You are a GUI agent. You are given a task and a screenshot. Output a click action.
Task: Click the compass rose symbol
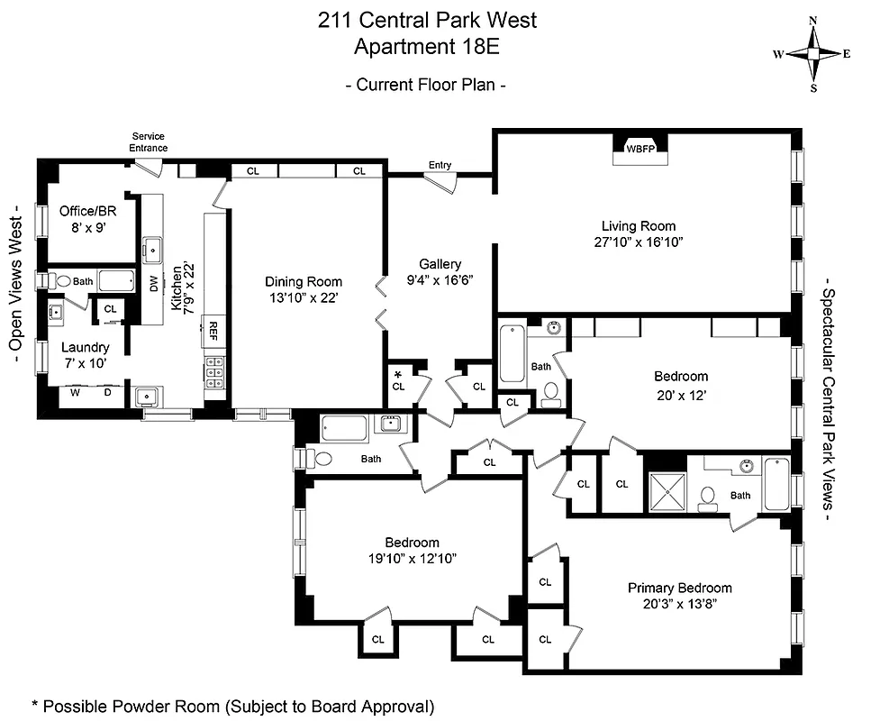click(x=812, y=54)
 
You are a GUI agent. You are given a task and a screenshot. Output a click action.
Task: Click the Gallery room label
click(x=440, y=264)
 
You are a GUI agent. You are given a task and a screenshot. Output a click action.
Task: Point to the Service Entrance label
click(x=149, y=142)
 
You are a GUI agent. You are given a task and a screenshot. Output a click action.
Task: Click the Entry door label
click(x=440, y=165)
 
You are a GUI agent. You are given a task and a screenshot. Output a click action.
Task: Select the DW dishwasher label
click(x=154, y=285)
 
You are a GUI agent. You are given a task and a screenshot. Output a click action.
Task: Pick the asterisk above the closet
click(x=397, y=373)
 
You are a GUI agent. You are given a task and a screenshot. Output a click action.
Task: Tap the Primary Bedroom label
click(x=679, y=588)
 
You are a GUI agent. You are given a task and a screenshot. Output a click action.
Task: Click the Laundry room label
click(x=85, y=347)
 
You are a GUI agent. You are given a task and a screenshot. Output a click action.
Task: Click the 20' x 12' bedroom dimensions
click(x=681, y=393)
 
